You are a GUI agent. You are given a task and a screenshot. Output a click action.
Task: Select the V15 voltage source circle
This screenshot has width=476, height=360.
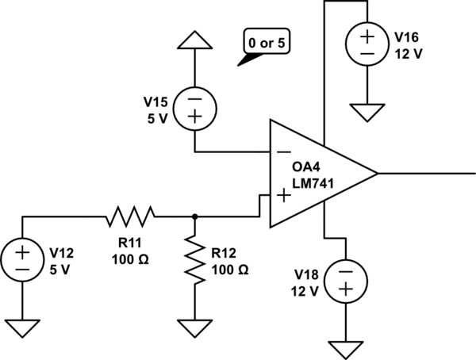click(195, 107)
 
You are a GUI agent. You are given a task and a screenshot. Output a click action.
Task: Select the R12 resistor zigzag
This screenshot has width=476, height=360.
click(195, 259)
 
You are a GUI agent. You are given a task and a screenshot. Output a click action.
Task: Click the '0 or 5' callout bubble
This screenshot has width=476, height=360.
click(265, 43)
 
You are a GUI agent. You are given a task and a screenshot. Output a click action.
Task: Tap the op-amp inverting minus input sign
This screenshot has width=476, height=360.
click(282, 151)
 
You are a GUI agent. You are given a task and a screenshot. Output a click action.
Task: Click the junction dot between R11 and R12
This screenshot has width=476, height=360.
click(195, 215)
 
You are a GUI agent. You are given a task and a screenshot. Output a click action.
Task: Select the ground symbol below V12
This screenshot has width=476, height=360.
click(22, 325)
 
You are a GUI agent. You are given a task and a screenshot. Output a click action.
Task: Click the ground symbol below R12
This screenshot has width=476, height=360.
click(195, 325)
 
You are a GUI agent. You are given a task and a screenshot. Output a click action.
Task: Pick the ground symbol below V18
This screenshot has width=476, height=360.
click(346, 347)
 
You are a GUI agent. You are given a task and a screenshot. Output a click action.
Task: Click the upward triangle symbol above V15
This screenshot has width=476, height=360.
click(195, 41)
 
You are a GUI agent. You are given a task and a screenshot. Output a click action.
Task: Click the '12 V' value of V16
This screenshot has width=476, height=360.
click(410, 56)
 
